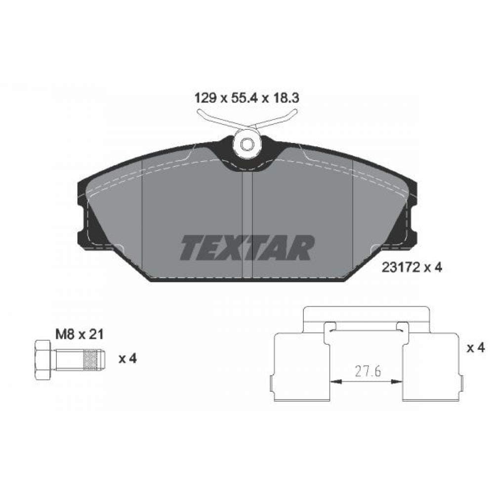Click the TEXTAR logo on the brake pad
(x=247, y=248)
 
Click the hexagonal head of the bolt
(x=43, y=359)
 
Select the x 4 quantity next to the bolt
(x=127, y=359)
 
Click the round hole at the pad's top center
(x=248, y=144)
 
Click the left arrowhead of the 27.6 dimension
(x=334, y=381)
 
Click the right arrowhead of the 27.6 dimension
(x=397, y=381)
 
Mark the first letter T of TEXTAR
(x=191, y=248)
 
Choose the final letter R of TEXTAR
(x=302, y=248)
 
